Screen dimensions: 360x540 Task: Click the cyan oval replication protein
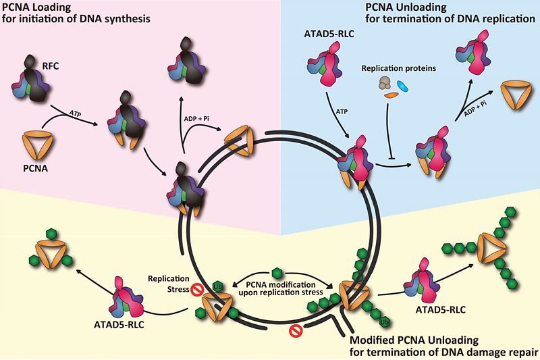(x=403, y=86)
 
